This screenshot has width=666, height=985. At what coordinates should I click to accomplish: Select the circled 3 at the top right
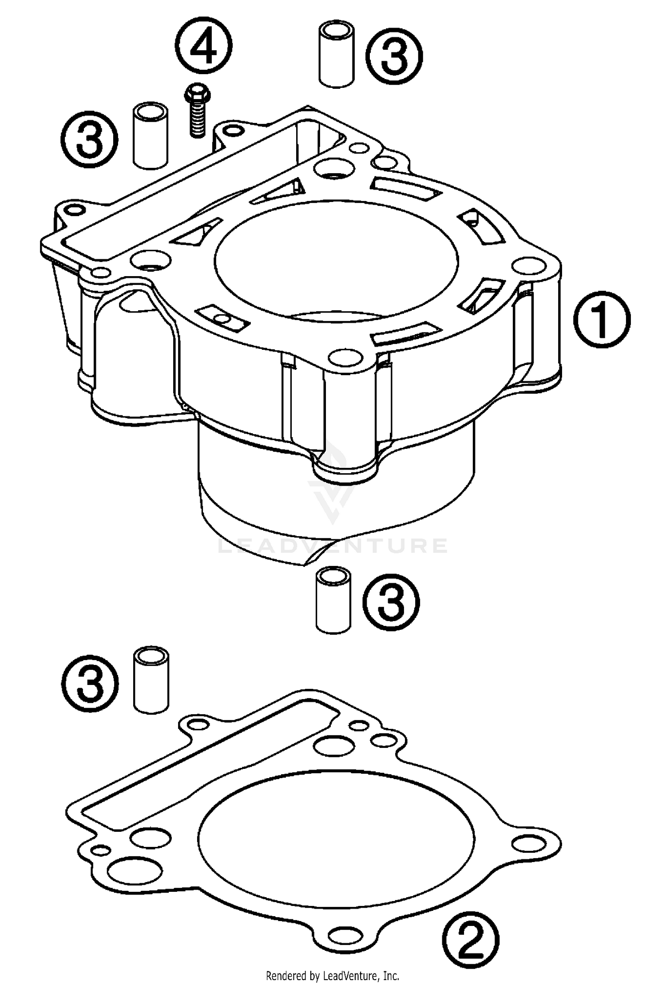394,56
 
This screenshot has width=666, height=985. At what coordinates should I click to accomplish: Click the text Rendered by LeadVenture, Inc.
332,975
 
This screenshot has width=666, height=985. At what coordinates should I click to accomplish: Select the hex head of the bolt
197,94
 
